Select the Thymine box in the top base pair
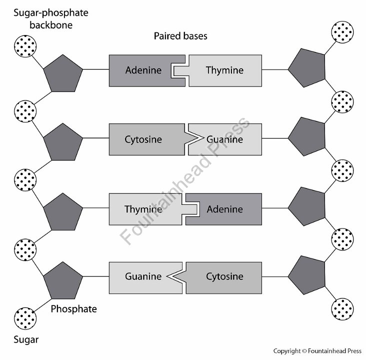pyautogui.click(x=225, y=70)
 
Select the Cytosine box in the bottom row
pyautogui.click(x=225, y=276)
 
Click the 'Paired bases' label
pyautogui.click(x=180, y=36)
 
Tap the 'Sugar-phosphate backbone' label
pyautogui.click(x=44, y=18)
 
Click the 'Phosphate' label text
pyautogui.click(x=74, y=309)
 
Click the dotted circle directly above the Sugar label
pyautogui.click(x=25, y=317)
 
